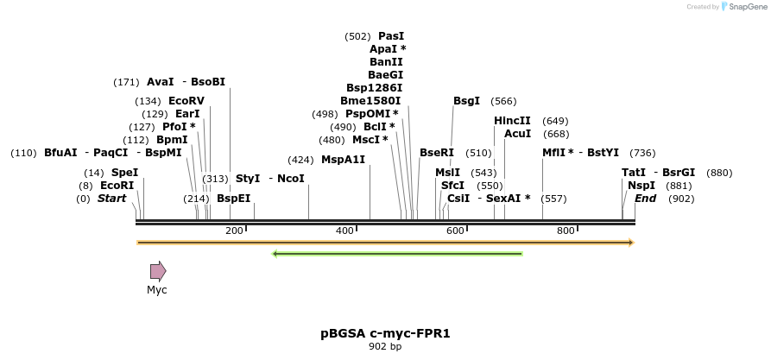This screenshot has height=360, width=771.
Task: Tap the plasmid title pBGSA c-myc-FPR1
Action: pyautogui.click(x=385, y=332)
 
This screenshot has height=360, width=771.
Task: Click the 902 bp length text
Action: pyautogui.click(x=385, y=346)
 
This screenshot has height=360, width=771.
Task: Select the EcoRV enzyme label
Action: pyautogui.click(x=186, y=101)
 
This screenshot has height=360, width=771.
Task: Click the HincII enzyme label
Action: pyautogui.click(x=512, y=121)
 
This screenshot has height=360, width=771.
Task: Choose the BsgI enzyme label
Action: pyautogui.click(x=466, y=101)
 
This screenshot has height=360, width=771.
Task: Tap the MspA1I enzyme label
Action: pyautogui.click(x=343, y=160)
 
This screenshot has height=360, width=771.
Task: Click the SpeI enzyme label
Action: pyautogui.click(x=124, y=173)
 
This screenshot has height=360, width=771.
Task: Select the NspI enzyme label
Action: pyautogui.click(x=641, y=185)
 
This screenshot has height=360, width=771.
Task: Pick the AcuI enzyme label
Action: pyautogui.click(x=517, y=134)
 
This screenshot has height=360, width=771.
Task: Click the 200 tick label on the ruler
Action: pyautogui.click(x=234, y=231)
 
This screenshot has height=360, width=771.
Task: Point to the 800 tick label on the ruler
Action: pyautogui.click(x=566, y=231)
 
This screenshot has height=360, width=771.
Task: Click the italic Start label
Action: pyautogui.click(x=111, y=199)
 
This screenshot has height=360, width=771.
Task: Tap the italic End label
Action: pyautogui.click(x=645, y=199)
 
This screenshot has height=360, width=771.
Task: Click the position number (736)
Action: pyautogui.click(x=642, y=153)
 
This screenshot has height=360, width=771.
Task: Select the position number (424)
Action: pyautogui.click(x=300, y=160)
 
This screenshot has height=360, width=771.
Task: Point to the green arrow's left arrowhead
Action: pyautogui.click(x=275, y=254)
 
